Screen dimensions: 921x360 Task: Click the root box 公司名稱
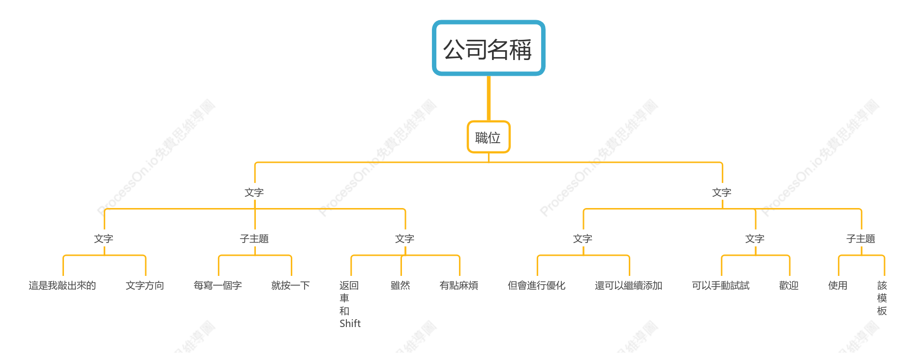point(489,48)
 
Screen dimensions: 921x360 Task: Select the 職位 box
point(489,137)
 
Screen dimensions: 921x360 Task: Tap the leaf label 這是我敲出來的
point(62,286)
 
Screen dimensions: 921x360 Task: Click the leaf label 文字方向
point(145,286)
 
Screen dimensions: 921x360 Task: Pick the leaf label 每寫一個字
point(218,286)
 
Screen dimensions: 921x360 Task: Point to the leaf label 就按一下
point(291,286)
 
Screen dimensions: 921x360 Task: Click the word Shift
point(350,324)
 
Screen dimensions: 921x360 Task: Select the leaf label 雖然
point(400,286)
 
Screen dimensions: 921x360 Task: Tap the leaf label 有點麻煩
point(459,286)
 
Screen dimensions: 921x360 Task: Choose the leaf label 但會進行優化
point(537,286)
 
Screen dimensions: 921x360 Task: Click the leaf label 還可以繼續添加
point(629,286)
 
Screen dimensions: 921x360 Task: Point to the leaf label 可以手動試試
point(721,286)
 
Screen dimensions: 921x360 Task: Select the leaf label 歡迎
point(789,286)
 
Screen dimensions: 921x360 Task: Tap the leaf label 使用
point(838,286)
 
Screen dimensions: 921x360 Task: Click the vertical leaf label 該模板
point(882,298)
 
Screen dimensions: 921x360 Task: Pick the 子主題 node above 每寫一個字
point(254,239)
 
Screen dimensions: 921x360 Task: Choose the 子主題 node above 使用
point(861,239)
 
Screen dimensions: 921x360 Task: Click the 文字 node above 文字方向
point(104,239)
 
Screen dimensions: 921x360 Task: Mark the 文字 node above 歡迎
point(755,239)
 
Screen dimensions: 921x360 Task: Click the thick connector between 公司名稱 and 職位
point(489,98)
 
